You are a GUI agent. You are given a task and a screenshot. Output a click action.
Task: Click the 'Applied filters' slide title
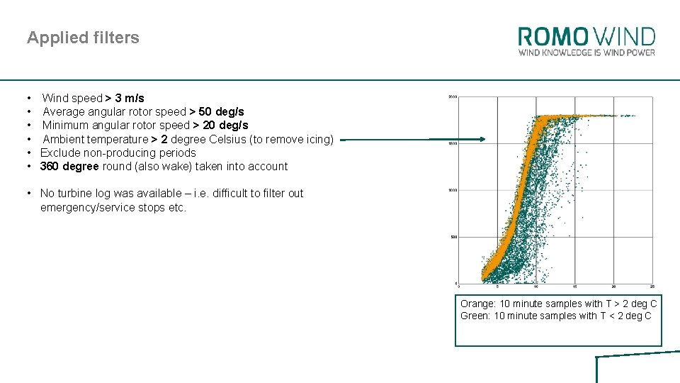tap(83, 38)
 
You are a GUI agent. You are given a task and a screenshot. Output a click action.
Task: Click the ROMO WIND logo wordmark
tap(586, 37)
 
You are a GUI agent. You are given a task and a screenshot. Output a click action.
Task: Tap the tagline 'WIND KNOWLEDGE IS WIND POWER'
tap(586, 52)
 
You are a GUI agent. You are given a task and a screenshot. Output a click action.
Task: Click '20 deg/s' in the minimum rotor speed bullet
tap(229, 126)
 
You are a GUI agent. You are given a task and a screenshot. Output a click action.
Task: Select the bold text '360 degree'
tap(69, 166)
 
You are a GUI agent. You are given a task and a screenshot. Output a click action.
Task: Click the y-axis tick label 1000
tap(453, 190)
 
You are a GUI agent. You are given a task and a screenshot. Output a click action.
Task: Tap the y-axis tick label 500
tap(454, 237)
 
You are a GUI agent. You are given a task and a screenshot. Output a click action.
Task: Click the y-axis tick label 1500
tap(453, 144)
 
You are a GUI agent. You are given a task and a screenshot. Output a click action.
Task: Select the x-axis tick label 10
tap(536, 287)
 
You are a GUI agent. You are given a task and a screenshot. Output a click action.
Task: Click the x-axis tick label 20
tap(613, 287)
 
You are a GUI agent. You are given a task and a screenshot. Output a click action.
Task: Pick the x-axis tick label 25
tap(652, 287)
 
